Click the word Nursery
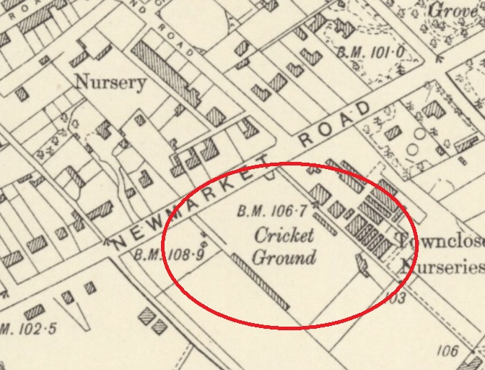pos(110,82)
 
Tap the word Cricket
pos(284,236)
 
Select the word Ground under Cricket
pos(284,257)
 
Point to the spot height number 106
pos(447,350)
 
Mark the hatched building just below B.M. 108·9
pos(149,318)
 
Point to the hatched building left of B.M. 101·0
pos(313,56)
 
